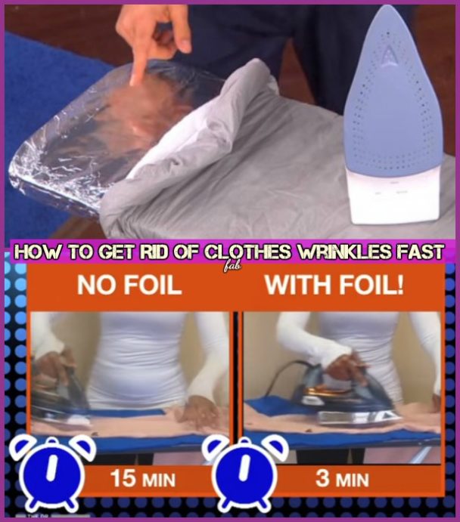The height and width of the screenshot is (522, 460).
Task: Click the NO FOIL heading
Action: [129, 286]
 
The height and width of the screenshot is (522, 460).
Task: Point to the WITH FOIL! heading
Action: [334, 286]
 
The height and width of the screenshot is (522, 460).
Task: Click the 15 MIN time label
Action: [143, 479]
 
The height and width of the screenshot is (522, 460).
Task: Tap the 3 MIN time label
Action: [342, 479]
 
